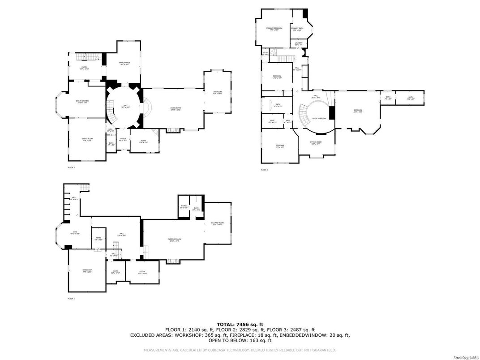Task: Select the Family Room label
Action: (x=124, y=63)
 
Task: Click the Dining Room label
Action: (x=87, y=140)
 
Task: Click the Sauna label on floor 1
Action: (x=184, y=207)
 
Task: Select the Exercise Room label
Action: (x=174, y=240)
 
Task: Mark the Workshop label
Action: (x=87, y=270)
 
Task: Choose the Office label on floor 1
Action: (x=142, y=272)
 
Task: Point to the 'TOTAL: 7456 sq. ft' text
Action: (x=240, y=324)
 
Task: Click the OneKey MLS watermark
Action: (x=466, y=357)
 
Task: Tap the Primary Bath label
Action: (x=297, y=29)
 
